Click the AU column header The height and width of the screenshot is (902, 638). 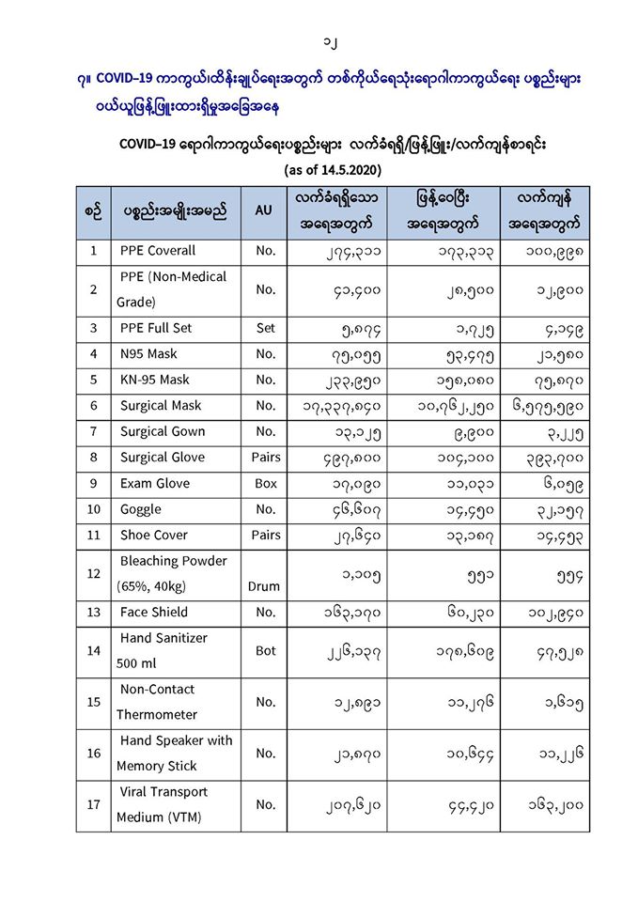263,211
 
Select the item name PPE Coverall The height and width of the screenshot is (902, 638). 157,251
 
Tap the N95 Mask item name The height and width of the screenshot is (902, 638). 148,354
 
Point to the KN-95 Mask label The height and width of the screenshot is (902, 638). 154,380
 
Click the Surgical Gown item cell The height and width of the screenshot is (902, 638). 162,431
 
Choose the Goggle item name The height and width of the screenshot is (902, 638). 140,509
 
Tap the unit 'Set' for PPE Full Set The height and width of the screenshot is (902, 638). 265,328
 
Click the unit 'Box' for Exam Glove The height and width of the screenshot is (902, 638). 265,483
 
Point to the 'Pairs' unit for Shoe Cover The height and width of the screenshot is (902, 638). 265,535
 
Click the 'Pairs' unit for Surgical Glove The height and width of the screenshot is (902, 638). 265,458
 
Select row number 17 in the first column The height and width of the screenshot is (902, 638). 93,804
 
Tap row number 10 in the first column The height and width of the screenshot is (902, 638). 93,509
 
